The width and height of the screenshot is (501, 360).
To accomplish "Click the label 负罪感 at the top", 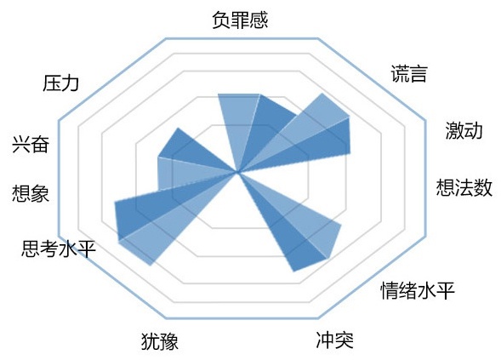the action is coord(240,20).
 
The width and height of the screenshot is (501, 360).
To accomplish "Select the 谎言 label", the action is coord(409,74).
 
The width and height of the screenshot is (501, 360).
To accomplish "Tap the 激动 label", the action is coord(464,130).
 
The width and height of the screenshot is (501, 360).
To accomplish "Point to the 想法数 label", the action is coord(464,187).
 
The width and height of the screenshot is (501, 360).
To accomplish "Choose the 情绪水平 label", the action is coord(418,290).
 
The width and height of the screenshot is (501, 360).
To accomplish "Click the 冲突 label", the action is coord(335,340).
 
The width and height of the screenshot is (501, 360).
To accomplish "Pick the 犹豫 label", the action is coord(160,341).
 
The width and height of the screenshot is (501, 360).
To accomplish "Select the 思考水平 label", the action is coord(59,249).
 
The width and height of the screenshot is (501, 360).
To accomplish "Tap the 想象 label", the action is coord(31,193).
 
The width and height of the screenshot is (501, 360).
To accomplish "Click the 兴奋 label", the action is coord(31,144).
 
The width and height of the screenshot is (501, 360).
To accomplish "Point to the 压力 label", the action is coord(60,83).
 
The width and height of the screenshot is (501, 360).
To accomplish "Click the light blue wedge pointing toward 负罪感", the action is coord(238,122).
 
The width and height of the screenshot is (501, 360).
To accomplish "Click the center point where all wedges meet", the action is coord(237,172).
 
